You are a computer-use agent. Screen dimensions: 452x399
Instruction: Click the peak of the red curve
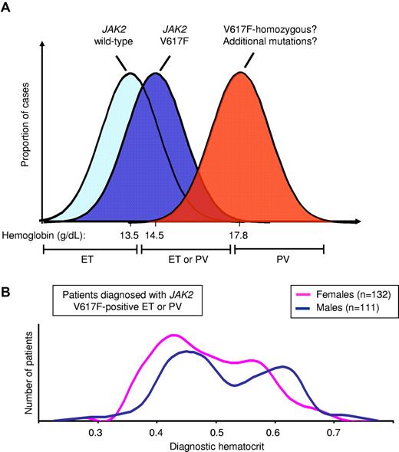click(x=242, y=74)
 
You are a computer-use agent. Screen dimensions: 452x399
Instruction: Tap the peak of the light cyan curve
click(x=130, y=74)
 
